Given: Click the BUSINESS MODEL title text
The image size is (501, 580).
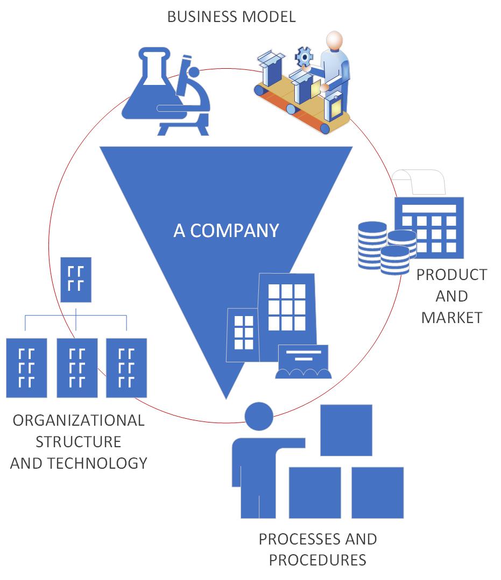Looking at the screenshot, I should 231,17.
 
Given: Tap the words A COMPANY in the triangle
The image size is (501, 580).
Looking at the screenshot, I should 226,231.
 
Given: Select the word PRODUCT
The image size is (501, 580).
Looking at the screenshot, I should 451,275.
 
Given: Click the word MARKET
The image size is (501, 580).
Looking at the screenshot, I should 451,318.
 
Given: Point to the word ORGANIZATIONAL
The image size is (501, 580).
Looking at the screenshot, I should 79,420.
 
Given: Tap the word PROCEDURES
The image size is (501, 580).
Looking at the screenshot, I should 317,560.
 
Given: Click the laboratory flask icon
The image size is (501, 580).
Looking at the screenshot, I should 146,86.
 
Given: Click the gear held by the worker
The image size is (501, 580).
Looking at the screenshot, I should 304,56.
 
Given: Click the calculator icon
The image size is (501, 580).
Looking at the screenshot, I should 429,227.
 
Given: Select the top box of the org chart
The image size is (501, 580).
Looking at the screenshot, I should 76,280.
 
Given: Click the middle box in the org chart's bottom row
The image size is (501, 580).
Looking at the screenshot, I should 77,368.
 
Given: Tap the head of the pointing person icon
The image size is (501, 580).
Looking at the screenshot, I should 259,416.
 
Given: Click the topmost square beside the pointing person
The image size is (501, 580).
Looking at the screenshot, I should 346,430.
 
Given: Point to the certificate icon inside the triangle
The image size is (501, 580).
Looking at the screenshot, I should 304,362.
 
